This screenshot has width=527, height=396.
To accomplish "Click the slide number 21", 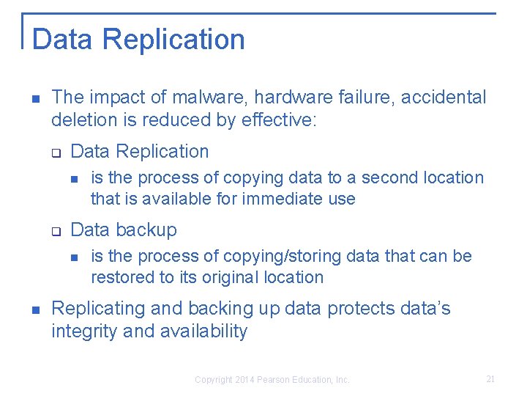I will pos(490,379).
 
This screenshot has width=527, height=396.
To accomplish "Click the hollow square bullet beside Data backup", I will pos(56,231).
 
